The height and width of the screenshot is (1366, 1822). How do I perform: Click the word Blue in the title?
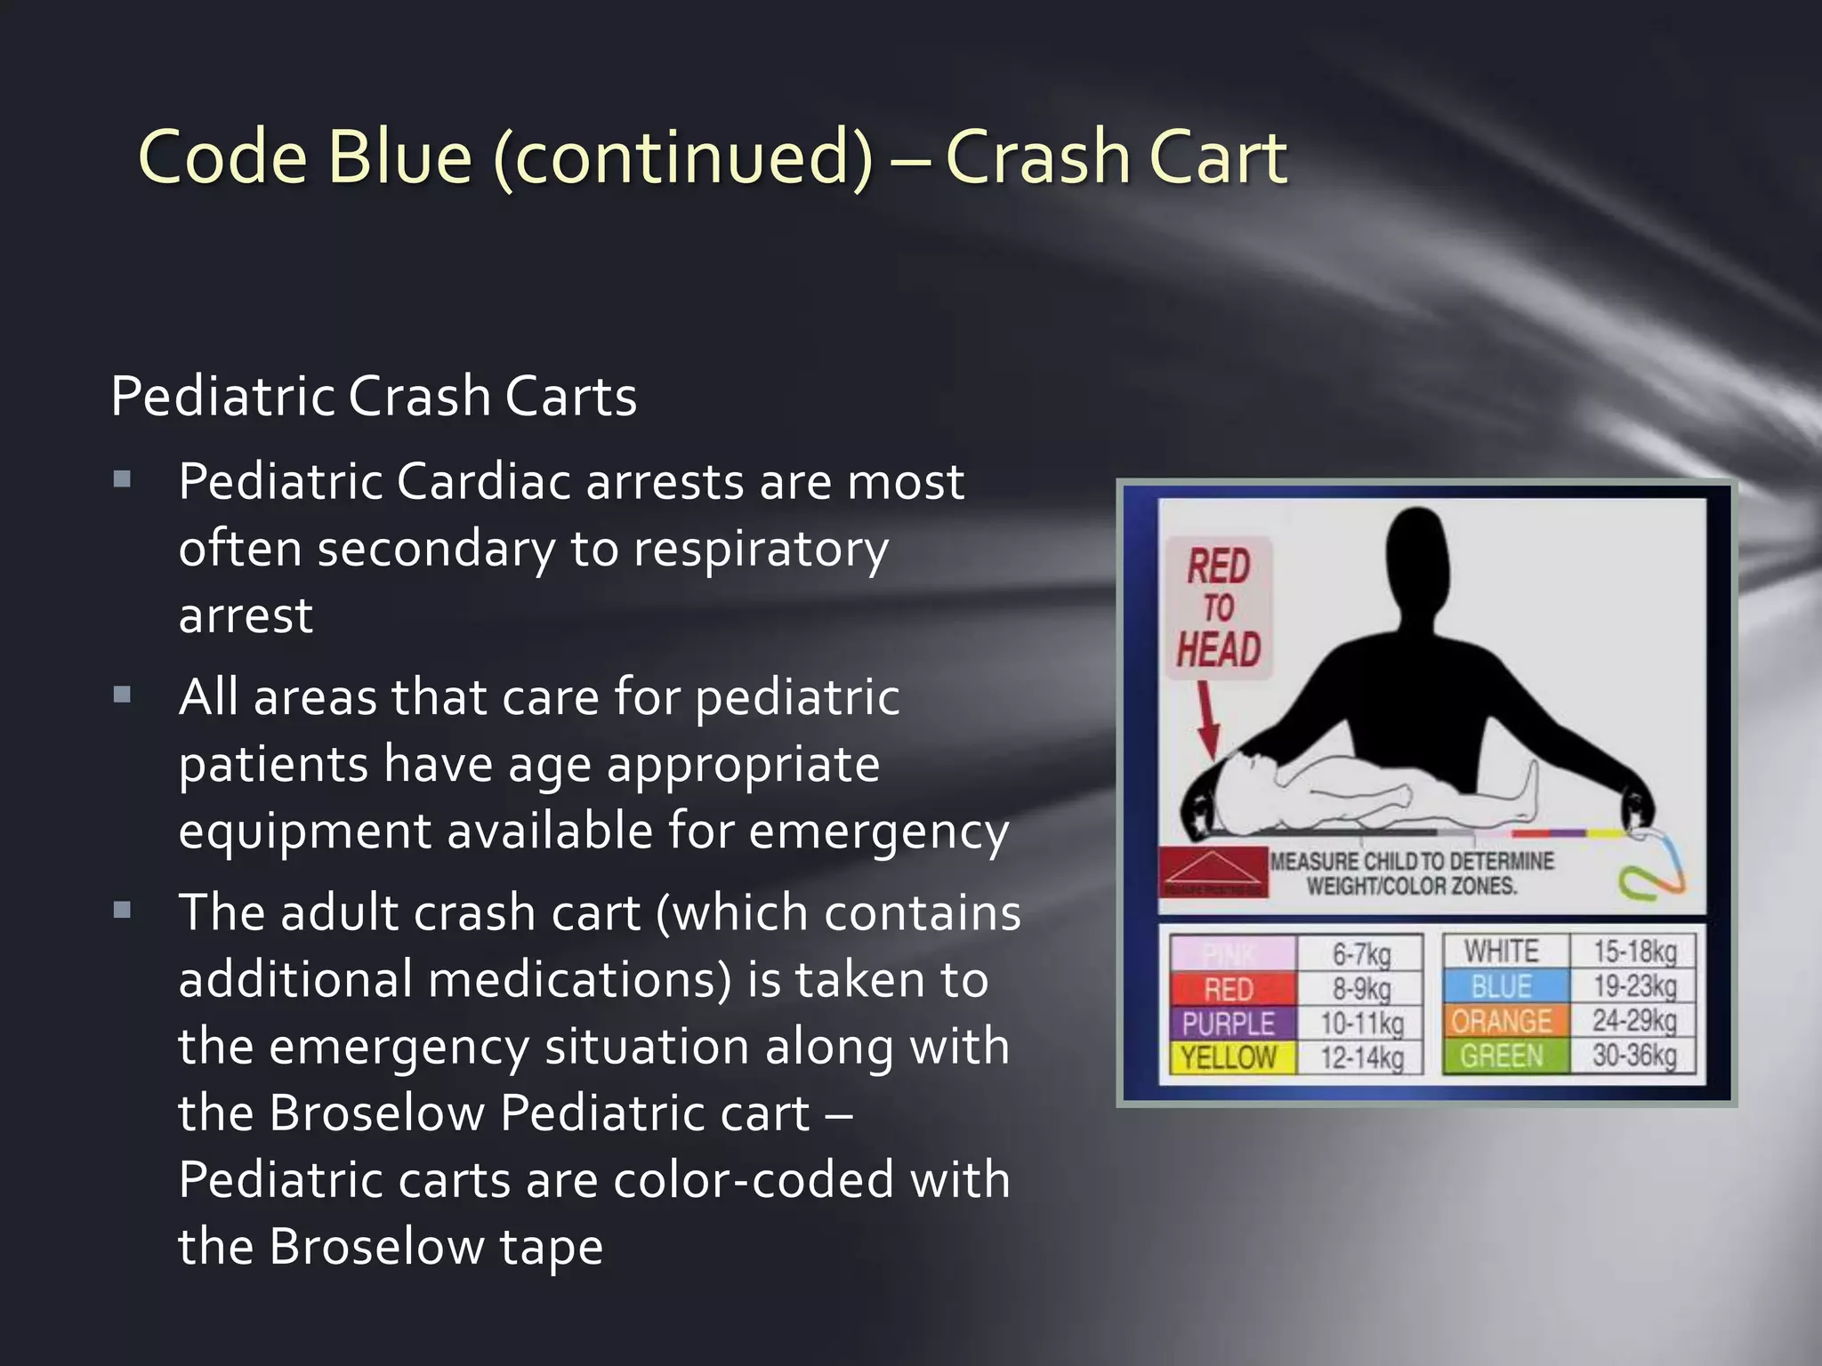point(399,157)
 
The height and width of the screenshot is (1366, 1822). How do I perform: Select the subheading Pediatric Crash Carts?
point(374,396)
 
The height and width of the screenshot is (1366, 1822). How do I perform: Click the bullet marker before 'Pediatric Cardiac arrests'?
point(123,480)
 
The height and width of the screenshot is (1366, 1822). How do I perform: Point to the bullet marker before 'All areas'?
point(123,695)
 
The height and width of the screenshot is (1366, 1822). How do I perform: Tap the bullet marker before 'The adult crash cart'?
point(123,910)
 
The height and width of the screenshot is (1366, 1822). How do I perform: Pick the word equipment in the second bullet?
point(302,832)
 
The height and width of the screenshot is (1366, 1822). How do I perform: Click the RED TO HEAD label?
point(1218,608)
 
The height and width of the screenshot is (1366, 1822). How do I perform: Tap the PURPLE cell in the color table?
point(1229,1024)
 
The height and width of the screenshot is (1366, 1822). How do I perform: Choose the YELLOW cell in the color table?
point(1229,1057)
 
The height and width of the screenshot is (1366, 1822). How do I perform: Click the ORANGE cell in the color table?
point(1502,1021)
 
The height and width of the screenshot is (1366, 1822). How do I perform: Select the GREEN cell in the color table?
point(1502,1056)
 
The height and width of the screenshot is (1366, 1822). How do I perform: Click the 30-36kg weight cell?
point(1634,1056)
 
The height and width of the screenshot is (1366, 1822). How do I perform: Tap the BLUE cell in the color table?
point(1502,986)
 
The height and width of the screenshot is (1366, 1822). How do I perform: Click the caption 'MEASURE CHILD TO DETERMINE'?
point(1412,861)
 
